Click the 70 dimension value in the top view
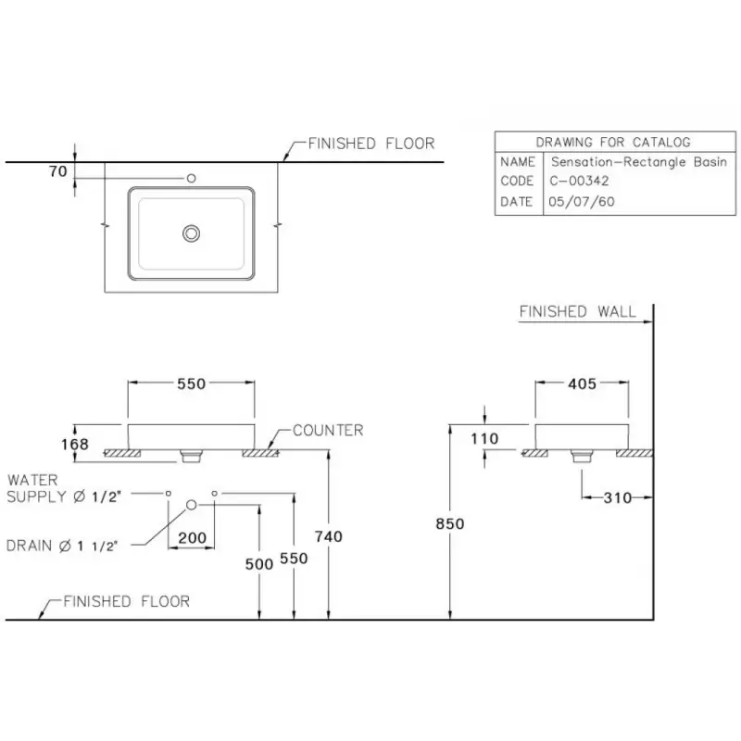(x=58, y=171)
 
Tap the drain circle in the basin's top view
(x=192, y=233)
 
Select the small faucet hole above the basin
(x=192, y=178)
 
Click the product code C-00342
(x=579, y=181)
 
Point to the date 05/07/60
(x=582, y=202)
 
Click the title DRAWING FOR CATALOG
(x=613, y=142)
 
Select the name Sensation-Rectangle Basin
(x=639, y=162)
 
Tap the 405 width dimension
(x=583, y=383)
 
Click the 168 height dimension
(x=75, y=445)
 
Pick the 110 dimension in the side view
(x=484, y=438)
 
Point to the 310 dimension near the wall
(x=618, y=497)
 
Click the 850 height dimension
(x=450, y=523)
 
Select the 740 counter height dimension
(x=329, y=536)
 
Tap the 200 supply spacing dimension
(x=193, y=538)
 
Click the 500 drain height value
(x=259, y=564)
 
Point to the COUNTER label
(x=328, y=430)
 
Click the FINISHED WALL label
(x=577, y=311)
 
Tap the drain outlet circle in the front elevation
(x=192, y=505)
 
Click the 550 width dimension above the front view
(x=192, y=383)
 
